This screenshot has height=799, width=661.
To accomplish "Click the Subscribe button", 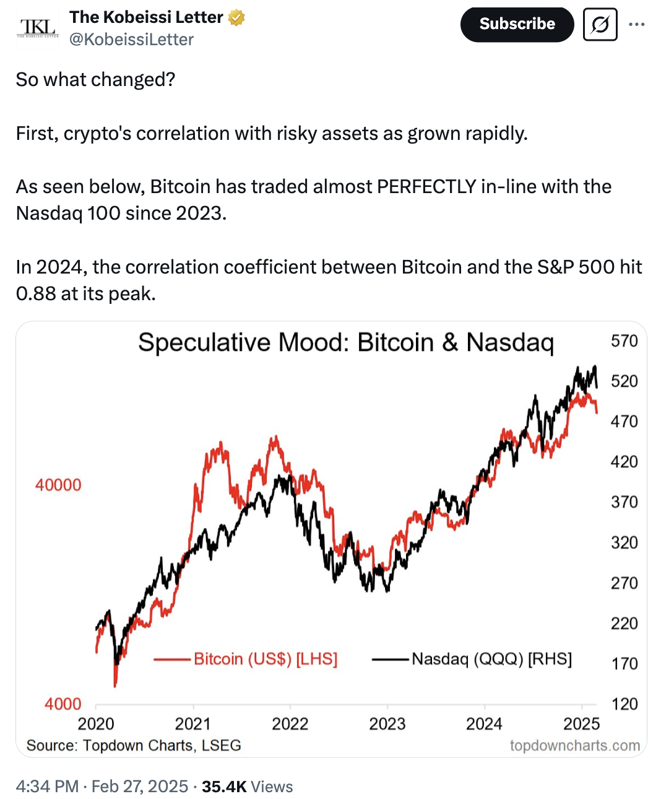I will coord(517,25).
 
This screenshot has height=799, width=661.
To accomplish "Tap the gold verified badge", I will coord(236,18).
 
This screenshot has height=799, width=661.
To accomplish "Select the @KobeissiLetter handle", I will coord(131,40).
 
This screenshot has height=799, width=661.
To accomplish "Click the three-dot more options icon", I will coord(636,25).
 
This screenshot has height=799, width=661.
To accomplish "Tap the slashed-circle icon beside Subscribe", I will coord(600,25).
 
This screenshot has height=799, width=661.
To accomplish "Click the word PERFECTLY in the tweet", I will coord(426,186).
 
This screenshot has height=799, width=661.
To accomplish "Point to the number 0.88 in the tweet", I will coord(36,293).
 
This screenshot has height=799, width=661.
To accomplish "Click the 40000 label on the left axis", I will coord(58,485).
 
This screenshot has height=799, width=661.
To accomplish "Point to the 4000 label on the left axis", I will coord(63,704).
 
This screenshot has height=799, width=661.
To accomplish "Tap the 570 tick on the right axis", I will coord(624,341).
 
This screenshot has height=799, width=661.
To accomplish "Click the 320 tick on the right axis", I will coord(624,543).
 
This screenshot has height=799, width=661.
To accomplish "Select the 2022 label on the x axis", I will coord(290,723).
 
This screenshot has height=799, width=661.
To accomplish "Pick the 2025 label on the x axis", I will coord(581,723).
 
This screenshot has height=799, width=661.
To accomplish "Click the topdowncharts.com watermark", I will coord(574,745).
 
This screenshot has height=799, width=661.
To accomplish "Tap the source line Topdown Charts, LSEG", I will coord(134,745).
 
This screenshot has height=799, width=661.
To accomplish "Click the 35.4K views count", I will coord(224,787).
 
